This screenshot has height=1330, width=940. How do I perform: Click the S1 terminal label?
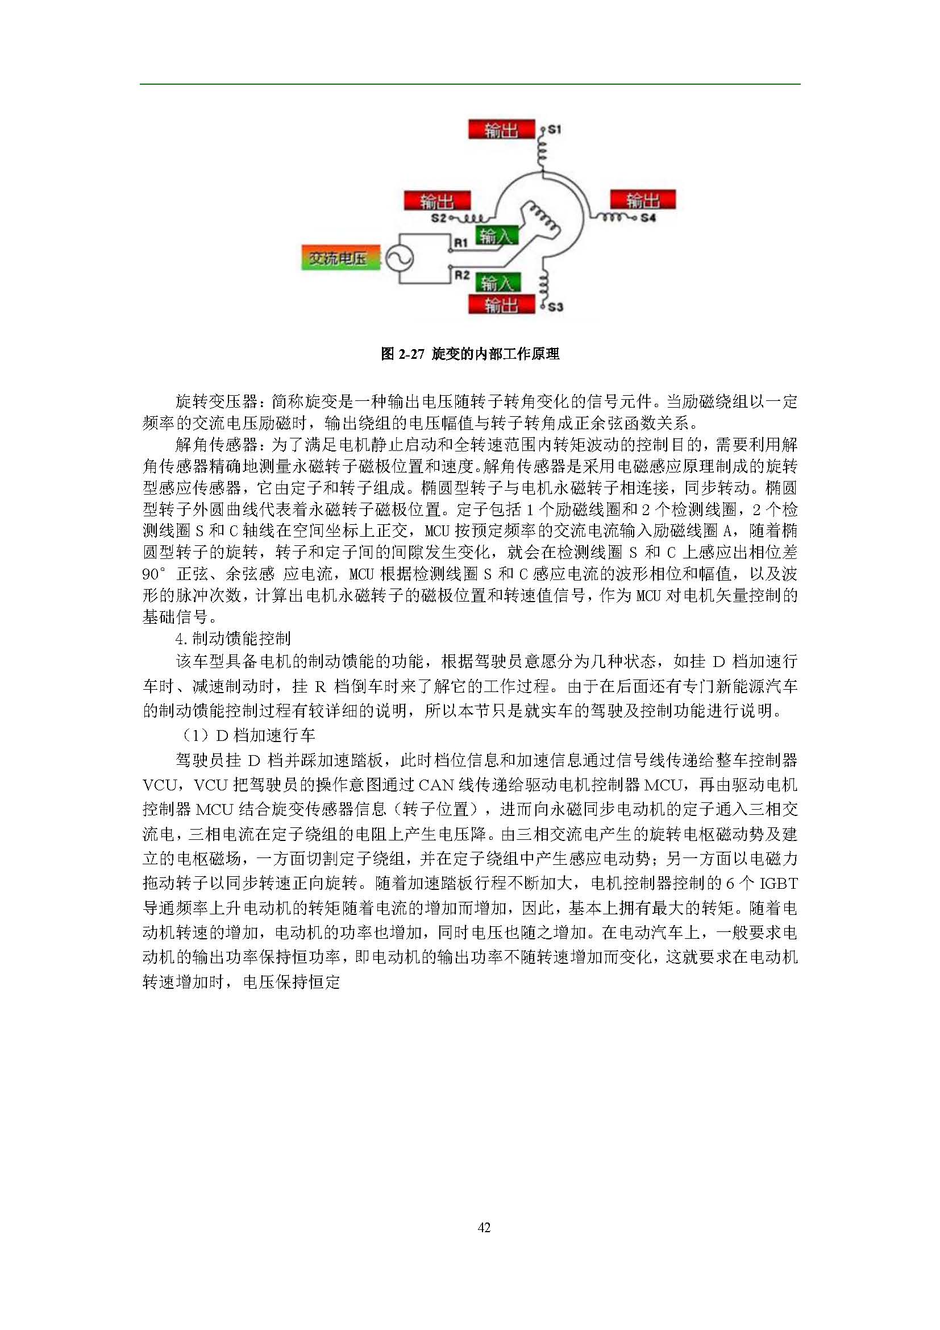coord(554,130)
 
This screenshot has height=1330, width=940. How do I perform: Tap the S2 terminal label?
coord(439,218)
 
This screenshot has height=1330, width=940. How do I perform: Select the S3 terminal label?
coord(555,306)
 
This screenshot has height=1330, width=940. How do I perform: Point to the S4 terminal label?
coord(648,218)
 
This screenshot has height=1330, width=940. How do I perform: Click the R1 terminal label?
coord(461,243)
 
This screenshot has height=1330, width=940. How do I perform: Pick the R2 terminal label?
coord(461,275)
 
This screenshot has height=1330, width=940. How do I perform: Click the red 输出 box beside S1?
coord(501,130)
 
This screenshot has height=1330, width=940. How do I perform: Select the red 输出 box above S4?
coord(643,200)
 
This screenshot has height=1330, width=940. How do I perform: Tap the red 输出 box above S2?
coord(437,202)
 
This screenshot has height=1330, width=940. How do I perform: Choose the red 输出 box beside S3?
coord(501,305)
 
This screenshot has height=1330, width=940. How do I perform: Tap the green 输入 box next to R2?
coord(497,283)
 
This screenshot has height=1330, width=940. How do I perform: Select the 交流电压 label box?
coord(340,258)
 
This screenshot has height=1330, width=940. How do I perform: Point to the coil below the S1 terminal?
coord(542,152)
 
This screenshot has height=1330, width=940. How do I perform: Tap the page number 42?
coord(484,1228)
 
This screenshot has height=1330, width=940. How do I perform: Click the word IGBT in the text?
coord(778,884)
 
